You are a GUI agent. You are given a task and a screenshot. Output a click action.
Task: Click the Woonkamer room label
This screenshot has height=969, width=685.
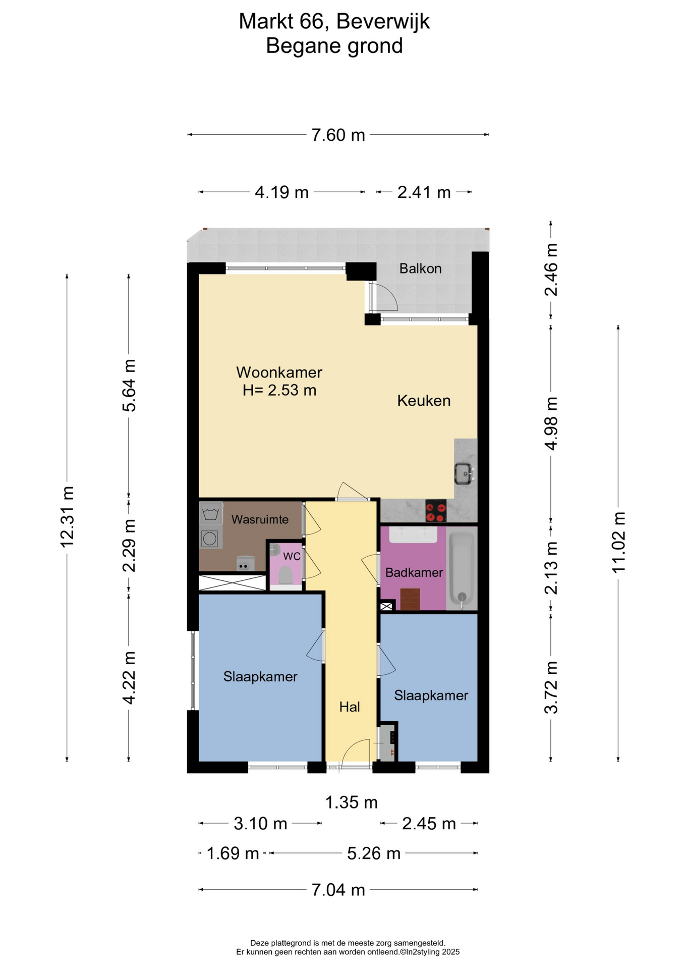[x=279, y=372]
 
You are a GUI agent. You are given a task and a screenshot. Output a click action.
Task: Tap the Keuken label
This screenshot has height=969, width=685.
[x=424, y=401]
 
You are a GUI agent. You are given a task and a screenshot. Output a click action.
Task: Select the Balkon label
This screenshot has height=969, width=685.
[x=420, y=268]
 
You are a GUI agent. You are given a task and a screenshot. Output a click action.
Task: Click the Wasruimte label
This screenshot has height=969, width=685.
[x=260, y=519]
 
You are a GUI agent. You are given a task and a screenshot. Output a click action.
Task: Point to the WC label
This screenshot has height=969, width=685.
[x=292, y=556]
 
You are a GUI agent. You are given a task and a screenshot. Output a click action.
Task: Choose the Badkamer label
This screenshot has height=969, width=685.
[x=414, y=572]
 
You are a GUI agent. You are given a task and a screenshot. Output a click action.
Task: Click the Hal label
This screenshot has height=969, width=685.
[x=350, y=707]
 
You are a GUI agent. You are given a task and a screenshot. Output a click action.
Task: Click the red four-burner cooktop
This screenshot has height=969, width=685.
[x=436, y=510]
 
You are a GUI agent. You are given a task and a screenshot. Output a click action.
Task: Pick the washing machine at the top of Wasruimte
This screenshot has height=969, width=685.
[x=210, y=514]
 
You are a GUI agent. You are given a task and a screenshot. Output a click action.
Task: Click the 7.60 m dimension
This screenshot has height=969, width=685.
[x=338, y=135]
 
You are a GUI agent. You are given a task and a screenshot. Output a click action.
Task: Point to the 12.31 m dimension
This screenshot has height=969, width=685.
[x=67, y=517]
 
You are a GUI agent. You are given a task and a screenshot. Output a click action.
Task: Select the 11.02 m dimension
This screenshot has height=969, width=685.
[x=618, y=543]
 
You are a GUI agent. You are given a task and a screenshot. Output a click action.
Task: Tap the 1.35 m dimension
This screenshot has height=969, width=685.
[x=351, y=802]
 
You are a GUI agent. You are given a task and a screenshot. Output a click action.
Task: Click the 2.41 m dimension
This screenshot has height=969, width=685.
[x=424, y=192]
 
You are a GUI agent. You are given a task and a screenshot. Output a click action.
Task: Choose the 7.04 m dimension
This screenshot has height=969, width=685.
[x=338, y=890]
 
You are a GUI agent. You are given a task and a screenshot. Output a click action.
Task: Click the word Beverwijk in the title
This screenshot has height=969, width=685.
[x=383, y=22]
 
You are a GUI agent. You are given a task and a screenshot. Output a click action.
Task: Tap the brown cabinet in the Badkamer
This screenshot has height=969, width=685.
[x=410, y=599]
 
